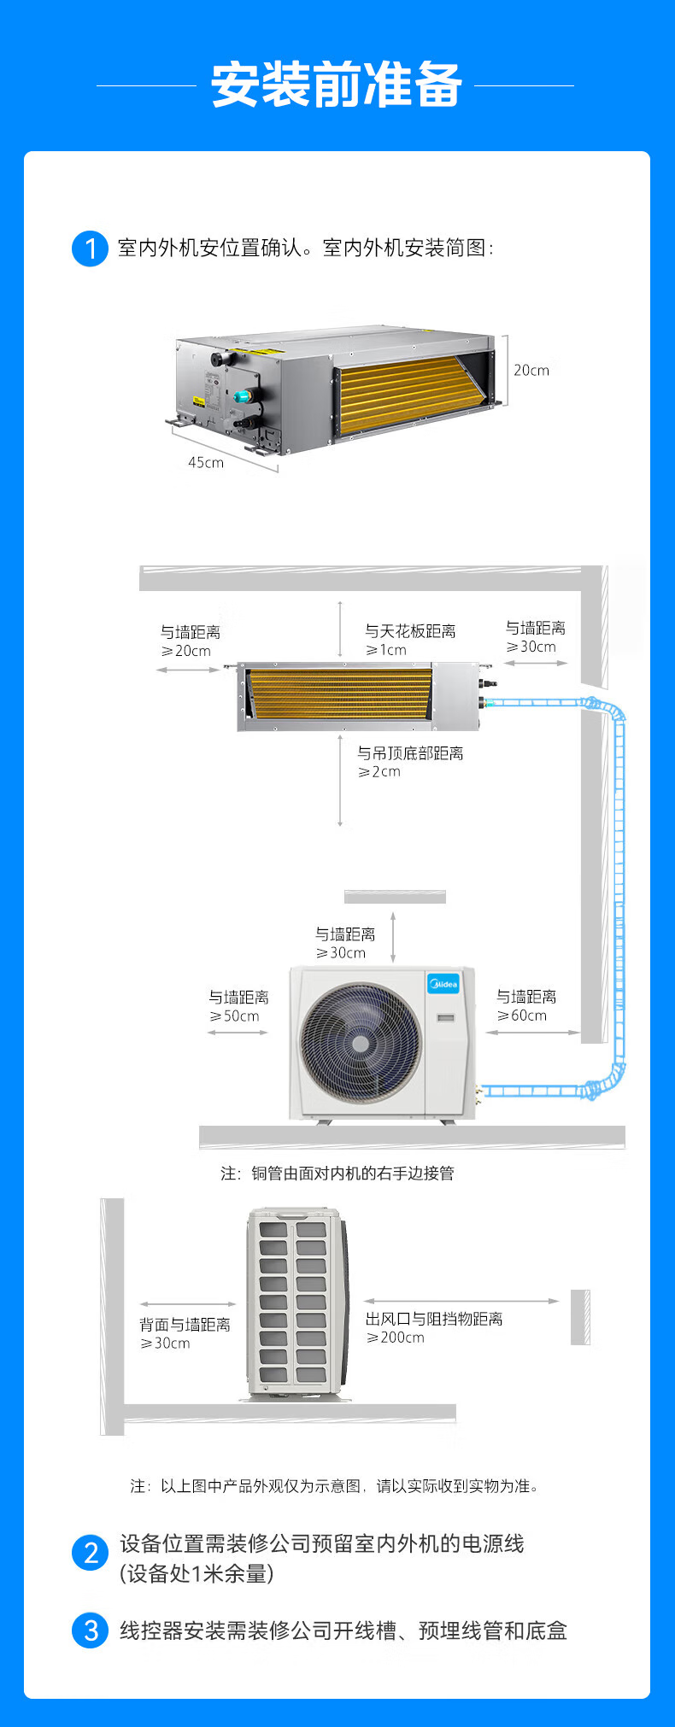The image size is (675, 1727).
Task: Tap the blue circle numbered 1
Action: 90,249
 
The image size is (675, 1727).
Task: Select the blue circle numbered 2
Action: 91,1552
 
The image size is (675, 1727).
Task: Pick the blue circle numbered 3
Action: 91,1630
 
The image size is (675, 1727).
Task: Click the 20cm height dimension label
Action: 531,371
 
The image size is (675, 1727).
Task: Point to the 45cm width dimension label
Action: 206,463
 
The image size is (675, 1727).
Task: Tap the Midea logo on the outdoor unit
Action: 443,984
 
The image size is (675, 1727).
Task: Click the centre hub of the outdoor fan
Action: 361,1043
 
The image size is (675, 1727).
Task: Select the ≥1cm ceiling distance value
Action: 386,650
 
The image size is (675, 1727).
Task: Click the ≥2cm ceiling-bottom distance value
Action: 379,772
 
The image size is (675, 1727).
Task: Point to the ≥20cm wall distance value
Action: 186,651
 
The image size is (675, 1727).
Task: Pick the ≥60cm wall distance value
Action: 522,1016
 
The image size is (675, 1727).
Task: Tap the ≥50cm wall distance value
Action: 234,1016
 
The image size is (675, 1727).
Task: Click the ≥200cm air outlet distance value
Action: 396,1338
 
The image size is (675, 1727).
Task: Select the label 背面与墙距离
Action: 185,1325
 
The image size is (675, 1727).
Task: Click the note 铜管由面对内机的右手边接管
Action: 352,1174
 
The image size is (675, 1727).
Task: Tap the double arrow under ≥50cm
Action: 238,1033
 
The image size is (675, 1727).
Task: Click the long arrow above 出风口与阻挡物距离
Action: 461,1302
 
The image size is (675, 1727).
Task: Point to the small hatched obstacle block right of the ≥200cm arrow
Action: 580,1316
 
